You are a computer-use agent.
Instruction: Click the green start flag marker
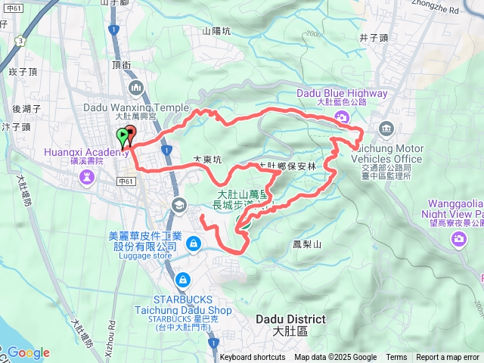click(122, 137)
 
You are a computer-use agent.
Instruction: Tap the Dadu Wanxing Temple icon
click(136, 89)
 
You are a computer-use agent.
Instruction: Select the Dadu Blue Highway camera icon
click(343, 117)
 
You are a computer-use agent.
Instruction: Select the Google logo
click(28, 352)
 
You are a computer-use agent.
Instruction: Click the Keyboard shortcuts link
click(252, 358)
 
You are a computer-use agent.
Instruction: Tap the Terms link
click(396, 358)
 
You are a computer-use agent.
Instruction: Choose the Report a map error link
click(448, 358)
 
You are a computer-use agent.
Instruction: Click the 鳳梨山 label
click(307, 244)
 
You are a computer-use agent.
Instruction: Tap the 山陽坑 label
click(217, 31)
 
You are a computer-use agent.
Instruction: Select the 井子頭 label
click(374, 37)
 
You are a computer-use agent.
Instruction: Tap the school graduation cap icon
click(179, 204)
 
